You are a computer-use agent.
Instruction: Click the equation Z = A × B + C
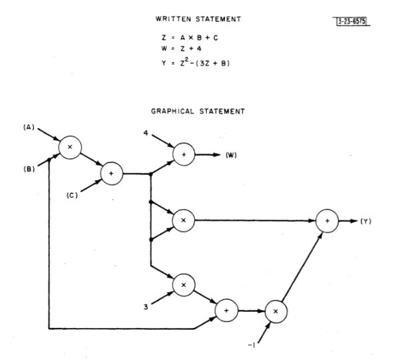(x=193, y=37)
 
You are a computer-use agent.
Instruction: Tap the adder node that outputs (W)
(x=183, y=154)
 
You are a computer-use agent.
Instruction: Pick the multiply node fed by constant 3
(x=183, y=285)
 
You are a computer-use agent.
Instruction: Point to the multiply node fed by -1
(x=276, y=311)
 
